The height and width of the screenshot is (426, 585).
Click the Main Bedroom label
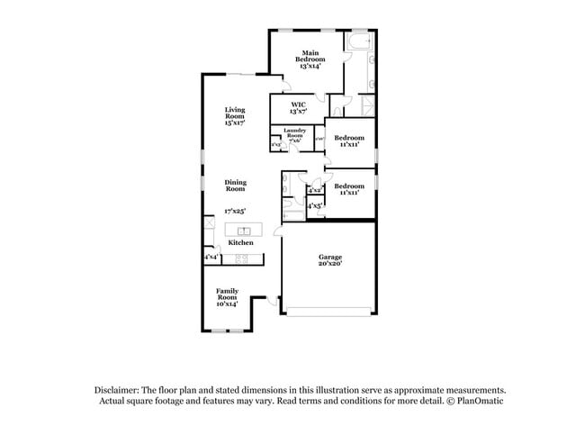[x=310, y=56]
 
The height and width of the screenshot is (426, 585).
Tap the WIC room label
[x=297, y=104]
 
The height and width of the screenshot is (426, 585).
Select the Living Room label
[x=235, y=113]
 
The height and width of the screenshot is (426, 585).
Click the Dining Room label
[x=235, y=186]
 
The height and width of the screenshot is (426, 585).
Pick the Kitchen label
[x=240, y=243]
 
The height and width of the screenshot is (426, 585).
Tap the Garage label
[x=329, y=258]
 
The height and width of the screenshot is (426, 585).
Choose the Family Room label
[x=227, y=293]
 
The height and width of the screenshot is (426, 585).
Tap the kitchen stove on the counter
[x=241, y=259]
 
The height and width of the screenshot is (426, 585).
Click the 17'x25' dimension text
[x=235, y=211]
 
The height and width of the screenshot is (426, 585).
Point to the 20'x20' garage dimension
[x=329, y=265]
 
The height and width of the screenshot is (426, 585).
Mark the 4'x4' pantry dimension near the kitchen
[x=211, y=258]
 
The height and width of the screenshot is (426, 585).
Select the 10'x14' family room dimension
[x=227, y=304]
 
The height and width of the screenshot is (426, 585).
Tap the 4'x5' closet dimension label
[x=315, y=206]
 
